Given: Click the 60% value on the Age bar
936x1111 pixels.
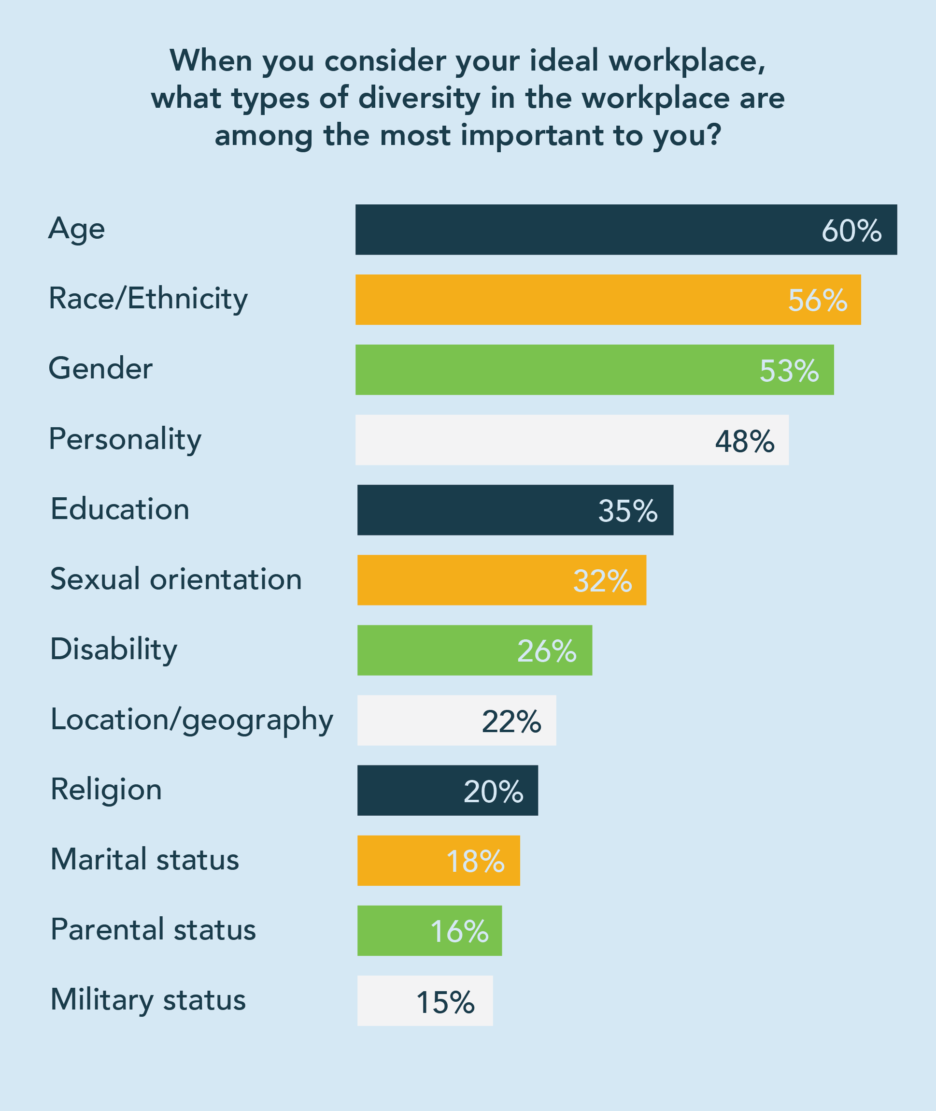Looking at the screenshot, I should pos(851,231).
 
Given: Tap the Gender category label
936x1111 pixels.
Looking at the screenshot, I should pos(100,368).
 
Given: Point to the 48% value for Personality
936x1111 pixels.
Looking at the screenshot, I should pos(744,441).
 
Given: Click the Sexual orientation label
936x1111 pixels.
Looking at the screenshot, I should pos(176,579).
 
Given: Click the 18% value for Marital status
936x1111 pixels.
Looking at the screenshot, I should pos(475,861).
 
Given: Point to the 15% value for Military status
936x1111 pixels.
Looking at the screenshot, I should pos(445,1002).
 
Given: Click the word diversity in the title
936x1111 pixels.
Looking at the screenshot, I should pos(419,99).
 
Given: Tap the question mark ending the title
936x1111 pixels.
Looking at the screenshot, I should pos(714,135).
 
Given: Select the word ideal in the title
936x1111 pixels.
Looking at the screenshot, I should pos(564,60).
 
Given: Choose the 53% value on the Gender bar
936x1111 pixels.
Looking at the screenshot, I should pos(789,371).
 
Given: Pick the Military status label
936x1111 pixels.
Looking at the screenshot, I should pos(148,1000).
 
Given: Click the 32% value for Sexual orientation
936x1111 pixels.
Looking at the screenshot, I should pos(602,581).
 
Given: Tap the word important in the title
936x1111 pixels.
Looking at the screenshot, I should pos(532,136).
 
